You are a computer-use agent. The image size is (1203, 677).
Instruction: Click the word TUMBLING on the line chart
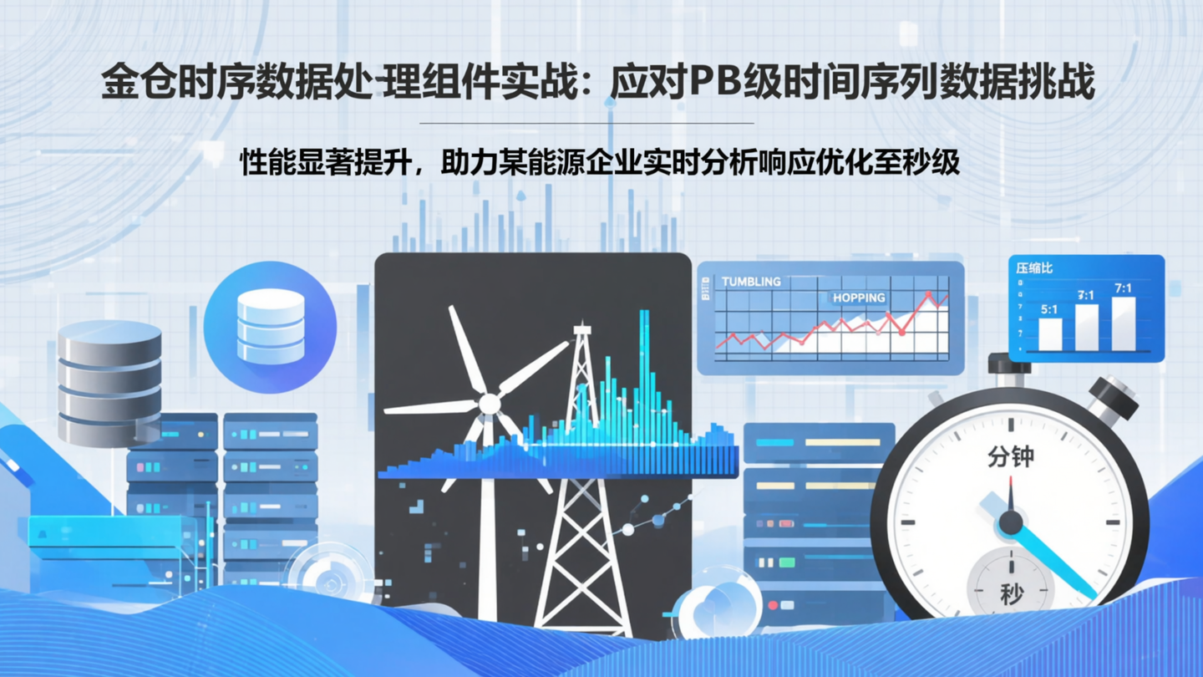(x=751, y=282)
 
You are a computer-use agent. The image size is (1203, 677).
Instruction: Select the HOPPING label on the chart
(x=858, y=298)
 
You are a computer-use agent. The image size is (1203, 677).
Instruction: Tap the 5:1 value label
(x=1049, y=309)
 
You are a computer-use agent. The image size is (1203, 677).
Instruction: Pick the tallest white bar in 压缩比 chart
(x=1124, y=323)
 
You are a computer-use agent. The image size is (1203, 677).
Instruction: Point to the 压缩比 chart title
(x=1034, y=268)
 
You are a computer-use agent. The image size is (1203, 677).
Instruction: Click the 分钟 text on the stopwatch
(x=1010, y=456)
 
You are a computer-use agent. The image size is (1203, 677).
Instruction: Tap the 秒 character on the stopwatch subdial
(x=1011, y=594)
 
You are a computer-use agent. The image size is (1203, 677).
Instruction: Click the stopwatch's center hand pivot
(x=1011, y=523)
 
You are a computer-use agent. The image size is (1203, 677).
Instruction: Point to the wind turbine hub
(x=489, y=405)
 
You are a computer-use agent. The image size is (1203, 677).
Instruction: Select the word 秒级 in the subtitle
(x=939, y=162)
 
